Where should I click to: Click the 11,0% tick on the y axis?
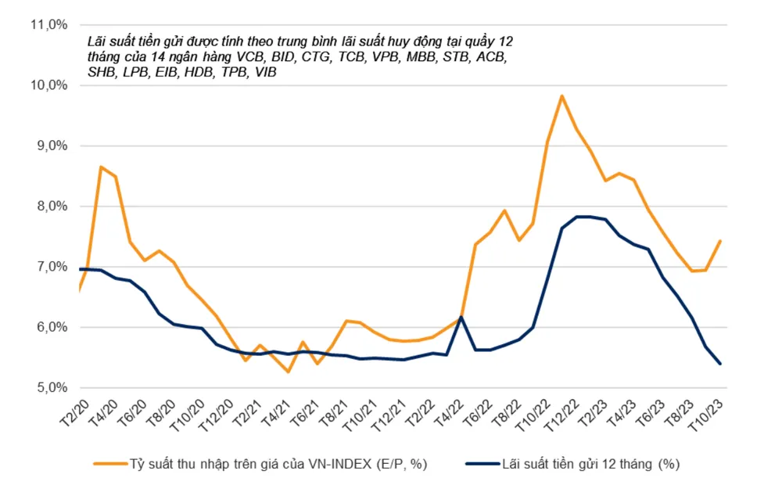pyautogui.click(x=49, y=24)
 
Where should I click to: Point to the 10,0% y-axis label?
pyautogui.click(x=49, y=85)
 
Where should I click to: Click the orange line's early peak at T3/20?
pyautogui.click(x=100, y=167)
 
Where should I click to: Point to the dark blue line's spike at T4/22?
pyautogui.click(x=461, y=317)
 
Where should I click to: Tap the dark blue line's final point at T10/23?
pyautogui.click(x=719, y=364)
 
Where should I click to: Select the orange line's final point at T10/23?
pyautogui.click(x=719, y=241)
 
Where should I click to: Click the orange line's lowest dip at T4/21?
pyautogui.click(x=289, y=372)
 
